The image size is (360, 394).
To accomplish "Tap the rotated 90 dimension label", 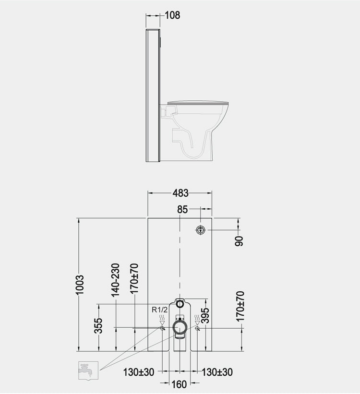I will (239, 240).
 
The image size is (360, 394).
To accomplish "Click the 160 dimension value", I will (180, 384).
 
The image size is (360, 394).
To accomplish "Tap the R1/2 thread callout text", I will (160, 310).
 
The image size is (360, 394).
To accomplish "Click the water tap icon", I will (88, 370).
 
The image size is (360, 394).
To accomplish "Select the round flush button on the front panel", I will (200, 230).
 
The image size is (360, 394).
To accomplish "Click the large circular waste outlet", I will (180, 328).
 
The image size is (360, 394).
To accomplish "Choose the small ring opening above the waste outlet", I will (180, 303).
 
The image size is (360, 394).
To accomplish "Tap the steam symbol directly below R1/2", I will (163, 319).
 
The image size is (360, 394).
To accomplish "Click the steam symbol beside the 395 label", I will (197, 319).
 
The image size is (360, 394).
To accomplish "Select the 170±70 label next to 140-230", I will (134, 279).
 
